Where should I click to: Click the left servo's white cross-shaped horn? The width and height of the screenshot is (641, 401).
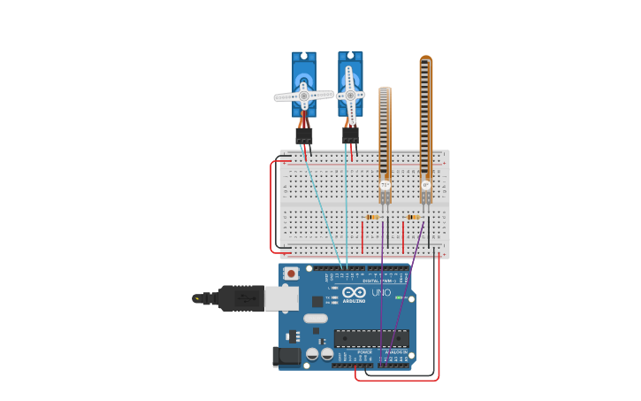(303, 95)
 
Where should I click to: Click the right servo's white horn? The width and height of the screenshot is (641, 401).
(350, 95)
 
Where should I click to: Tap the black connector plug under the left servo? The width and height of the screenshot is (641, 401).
(304, 136)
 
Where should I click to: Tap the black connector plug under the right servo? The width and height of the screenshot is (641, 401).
(350, 135)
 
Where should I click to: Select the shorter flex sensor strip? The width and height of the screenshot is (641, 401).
(385, 133)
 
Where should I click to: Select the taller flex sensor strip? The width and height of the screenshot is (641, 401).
(426, 115)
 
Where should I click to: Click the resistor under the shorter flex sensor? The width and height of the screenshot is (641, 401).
(372, 217)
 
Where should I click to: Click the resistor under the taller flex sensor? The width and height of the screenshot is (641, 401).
(413, 217)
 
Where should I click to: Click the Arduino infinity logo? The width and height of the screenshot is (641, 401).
(355, 292)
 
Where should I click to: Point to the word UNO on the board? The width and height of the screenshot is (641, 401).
(381, 293)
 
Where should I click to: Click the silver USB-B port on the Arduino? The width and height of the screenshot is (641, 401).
(281, 298)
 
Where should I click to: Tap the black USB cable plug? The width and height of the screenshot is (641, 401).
(240, 298)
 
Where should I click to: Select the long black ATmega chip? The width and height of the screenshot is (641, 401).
(371, 338)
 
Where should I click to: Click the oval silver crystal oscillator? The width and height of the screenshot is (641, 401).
(316, 319)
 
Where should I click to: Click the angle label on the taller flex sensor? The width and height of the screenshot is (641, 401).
(426, 186)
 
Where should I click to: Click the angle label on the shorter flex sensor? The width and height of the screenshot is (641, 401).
(385, 185)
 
